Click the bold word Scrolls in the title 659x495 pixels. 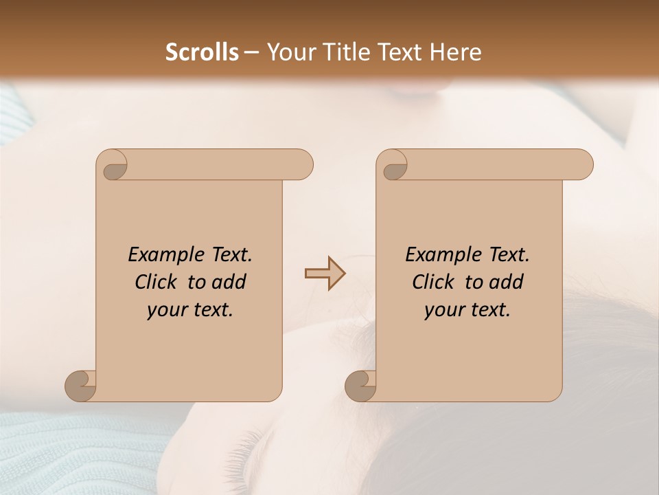click(202, 52)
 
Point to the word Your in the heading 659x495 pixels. click(288, 52)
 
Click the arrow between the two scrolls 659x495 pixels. click(325, 274)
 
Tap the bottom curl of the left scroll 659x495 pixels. click(81, 386)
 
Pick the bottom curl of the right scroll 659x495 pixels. click(361, 386)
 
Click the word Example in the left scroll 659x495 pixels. click(162, 255)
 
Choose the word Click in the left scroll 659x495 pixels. click(157, 283)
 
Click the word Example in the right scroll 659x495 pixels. click(439, 255)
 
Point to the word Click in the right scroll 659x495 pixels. click(435, 283)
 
